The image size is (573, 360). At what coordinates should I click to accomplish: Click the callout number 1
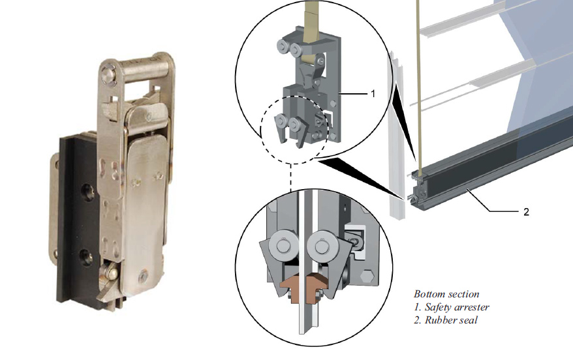point(373,94)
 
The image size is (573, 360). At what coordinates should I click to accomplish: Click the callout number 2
point(526,212)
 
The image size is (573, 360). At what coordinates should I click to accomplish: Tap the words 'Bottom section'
point(446,294)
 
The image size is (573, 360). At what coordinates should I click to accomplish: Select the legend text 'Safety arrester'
point(457,307)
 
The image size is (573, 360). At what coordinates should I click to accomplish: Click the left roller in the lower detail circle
point(284,245)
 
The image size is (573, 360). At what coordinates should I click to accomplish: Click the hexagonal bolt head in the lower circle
point(367,276)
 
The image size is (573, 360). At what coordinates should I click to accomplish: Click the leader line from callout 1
point(353,94)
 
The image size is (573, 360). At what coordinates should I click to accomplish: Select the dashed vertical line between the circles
point(291,177)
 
